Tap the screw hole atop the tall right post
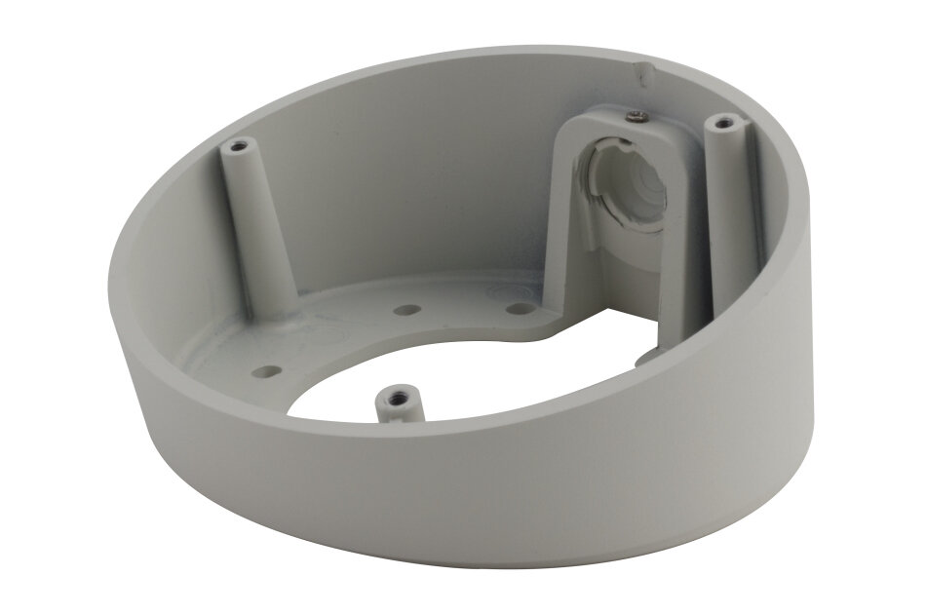click(x=722, y=123)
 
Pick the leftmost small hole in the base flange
click(x=265, y=370)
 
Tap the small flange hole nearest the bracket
click(x=521, y=308)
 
